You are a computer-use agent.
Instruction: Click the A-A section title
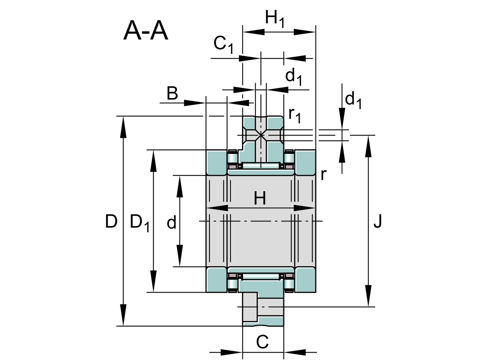click(x=145, y=31)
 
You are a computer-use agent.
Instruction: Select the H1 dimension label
click(x=275, y=19)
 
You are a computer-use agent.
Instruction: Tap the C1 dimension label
click(x=223, y=45)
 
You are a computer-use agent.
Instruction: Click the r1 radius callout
click(x=295, y=116)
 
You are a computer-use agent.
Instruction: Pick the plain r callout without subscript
click(x=323, y=175)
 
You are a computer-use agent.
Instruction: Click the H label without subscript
click(x=260, y=198)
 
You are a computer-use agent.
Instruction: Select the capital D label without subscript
click(x=111, y=221)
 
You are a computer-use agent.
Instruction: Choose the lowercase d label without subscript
click(x=171, y=222)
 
